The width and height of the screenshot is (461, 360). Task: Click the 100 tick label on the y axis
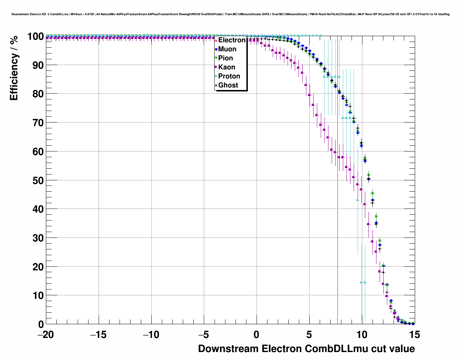tap(36, 37)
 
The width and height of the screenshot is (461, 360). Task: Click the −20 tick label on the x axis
tap(46, 335)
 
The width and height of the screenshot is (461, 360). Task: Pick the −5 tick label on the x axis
tap(204, 335)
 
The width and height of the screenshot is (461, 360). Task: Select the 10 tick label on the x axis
tap(362, 335)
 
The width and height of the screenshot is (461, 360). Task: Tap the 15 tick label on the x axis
tap(414, 335)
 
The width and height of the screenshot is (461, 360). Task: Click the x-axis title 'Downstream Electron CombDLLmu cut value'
tap(306, 349)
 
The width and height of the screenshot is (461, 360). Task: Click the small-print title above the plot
tap(231, 14)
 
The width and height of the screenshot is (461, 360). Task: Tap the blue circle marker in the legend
tap(216, 49)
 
